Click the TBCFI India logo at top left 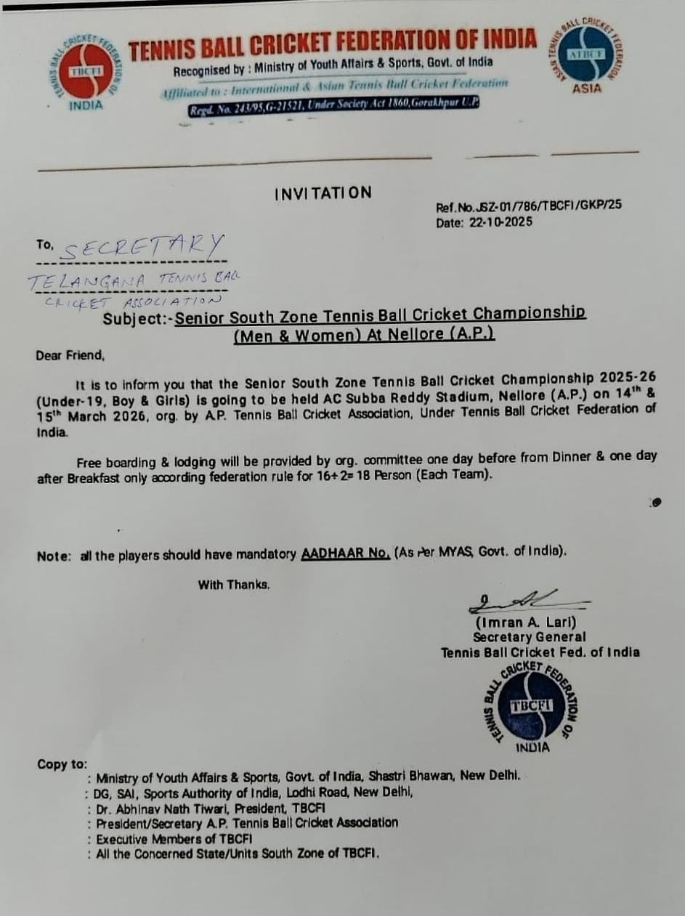(84, 70)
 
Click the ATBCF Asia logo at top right (586, 55)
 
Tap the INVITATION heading (323, 193)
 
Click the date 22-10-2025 (500, 222)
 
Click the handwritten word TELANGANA (87, 280)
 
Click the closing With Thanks (234, 584)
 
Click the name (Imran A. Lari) (525, 623)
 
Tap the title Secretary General (529, 637)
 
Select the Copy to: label (62, 764)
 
